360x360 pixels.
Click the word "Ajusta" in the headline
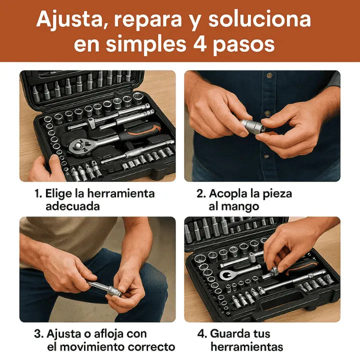69,20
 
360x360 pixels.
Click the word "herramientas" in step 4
246,346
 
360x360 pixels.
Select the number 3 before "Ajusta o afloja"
38,333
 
